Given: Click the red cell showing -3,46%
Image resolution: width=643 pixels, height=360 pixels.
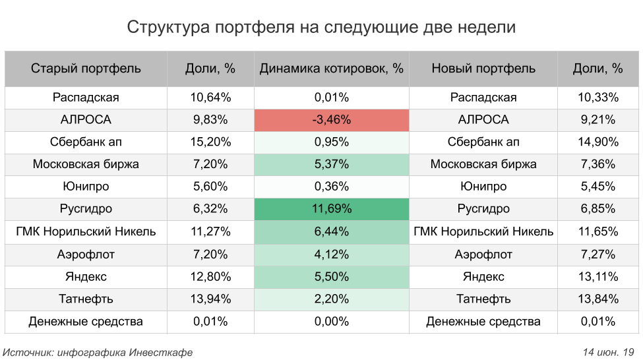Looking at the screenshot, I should click(x=331, y=120).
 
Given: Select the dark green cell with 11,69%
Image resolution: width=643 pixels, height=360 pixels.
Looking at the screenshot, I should click(x=331, y=209).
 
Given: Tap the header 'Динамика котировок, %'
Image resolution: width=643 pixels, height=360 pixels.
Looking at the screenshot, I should click(x=331, y=68).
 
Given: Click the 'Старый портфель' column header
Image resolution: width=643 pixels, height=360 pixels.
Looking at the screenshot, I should click(x=86, y=68).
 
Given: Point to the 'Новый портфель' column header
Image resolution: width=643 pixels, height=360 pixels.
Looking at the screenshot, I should click(x=483, y=68).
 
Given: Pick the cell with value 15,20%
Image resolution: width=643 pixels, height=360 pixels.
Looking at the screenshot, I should click(x=210, y=142).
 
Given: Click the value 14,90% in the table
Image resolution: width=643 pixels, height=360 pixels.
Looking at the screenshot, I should click(x=598, y=142).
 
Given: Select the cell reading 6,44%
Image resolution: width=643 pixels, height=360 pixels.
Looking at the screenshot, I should click(x=331, y=231).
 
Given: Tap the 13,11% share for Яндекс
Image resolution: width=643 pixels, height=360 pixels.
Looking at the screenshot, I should click(x=598, y=276).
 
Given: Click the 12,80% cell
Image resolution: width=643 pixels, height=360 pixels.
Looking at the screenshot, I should click(x=210, y=276).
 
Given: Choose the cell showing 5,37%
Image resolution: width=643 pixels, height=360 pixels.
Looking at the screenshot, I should click(x=331, y=164).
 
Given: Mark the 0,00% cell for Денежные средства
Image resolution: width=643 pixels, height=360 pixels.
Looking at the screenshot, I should click(x=331, y=321).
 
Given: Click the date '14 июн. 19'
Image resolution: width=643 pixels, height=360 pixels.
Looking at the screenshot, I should click(x=608, y=352).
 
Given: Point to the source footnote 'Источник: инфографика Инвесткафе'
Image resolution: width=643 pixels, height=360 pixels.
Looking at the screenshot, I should click(x=98, y=352).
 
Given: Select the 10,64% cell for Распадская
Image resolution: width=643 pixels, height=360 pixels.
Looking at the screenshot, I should click(x=210, y=98).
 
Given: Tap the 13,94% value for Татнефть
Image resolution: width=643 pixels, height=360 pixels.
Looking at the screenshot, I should click(x=210, y=299).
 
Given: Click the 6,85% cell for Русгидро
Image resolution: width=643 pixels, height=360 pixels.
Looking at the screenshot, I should click(x=598, y=209).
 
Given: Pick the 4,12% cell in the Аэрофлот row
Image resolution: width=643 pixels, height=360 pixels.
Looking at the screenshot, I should click(x=331, y=254).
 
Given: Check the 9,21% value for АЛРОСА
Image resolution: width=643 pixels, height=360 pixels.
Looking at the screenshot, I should click(x=598, y=120).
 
